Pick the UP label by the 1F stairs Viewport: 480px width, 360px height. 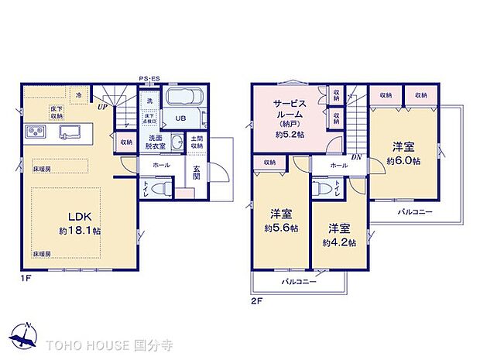coord(102,107)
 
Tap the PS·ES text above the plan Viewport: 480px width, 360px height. coord(149,78)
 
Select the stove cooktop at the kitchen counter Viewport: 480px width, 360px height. coord(36,130)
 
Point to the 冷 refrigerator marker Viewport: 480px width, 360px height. coord(78,94)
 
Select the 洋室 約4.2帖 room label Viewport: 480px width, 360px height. coord(339,235)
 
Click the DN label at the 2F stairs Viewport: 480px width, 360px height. coord(355,156)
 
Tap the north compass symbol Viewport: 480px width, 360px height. coord(26,335)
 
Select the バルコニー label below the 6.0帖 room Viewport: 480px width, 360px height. coord(416,211)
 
